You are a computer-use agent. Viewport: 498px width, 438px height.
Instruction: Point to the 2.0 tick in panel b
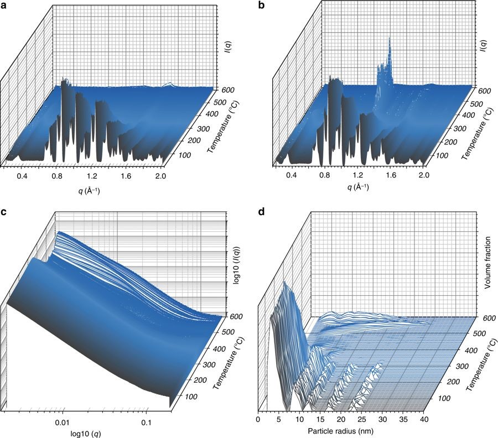tap(424, 175)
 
